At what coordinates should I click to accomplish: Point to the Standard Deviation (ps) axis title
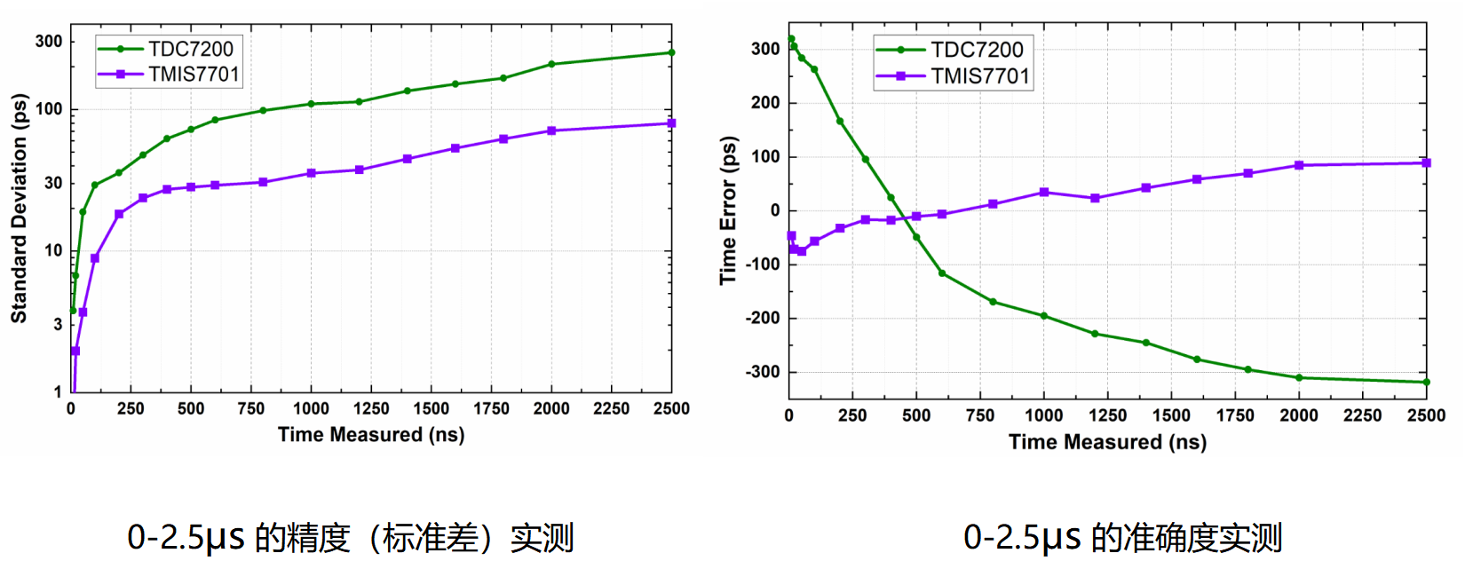19,209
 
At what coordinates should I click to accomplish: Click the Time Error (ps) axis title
729,210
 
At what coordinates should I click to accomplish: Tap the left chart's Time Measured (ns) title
371,435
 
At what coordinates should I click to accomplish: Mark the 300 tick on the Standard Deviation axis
49,41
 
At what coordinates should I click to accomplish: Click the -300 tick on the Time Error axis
763,372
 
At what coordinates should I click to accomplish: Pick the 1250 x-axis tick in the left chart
371,408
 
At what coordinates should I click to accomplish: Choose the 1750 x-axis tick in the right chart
1235,415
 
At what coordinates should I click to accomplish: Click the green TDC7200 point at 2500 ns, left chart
671,52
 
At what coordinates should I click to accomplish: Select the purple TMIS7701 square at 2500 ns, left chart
671,123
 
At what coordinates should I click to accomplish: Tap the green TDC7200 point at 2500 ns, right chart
1426,383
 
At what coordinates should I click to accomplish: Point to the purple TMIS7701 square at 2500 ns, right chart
1426,163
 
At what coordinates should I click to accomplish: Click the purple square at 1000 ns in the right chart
1044,193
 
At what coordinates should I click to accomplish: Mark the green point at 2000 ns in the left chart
551,64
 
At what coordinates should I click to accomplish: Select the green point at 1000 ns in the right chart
1044,316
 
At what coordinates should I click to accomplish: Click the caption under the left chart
351,538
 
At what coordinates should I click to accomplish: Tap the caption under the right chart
1122,538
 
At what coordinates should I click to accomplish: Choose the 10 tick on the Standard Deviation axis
53,250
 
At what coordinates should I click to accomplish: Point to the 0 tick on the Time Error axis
775,210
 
